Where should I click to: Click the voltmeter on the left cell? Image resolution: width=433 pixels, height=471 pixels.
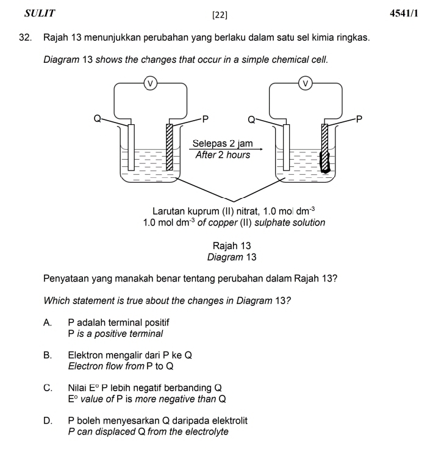150,83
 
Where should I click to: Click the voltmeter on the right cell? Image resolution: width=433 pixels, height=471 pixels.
306,83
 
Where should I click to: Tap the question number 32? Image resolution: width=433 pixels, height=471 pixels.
25,38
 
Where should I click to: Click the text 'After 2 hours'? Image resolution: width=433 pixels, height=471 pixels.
223,155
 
